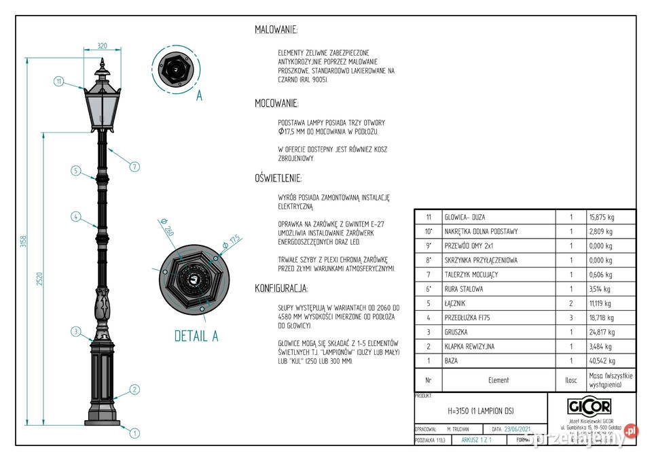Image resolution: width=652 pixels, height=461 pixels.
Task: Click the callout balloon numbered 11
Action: coord(59,82)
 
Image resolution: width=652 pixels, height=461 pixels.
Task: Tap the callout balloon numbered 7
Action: coord(134,167)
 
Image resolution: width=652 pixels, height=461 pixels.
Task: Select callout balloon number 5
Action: coord(76,171)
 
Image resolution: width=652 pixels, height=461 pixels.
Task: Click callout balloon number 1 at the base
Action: coord(134,432)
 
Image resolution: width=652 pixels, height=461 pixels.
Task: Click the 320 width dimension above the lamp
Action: coord(102,46)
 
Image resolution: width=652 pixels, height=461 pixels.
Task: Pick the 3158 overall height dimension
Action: coord(24,241)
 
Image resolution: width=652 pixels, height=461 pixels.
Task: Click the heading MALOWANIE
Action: coord(276,30)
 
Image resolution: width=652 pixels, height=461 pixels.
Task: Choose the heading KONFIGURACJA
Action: coord(281,288)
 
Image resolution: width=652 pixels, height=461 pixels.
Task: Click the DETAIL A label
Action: coord(196,336)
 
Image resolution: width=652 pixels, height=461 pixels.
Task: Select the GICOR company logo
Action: coord(588,406)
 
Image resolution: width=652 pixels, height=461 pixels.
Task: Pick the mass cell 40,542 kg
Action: coord(600,361)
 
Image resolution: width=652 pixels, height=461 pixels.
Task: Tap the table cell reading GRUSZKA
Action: coord(456,332)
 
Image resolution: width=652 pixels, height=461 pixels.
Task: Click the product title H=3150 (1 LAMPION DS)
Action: coord(481,411)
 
